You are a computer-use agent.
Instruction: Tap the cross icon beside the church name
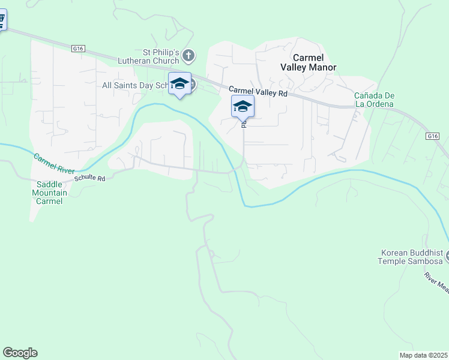[188, 56]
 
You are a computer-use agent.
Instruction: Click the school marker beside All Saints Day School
[179, 85]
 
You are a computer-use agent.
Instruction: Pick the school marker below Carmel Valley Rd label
[243, 107]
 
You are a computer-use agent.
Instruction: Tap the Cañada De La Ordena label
[373, 100]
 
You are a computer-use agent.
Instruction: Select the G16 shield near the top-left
[77, 48]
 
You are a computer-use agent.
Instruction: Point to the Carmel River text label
[54, 163]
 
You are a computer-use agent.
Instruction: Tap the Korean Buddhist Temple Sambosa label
[411, 257]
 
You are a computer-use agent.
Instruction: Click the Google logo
[20, 353]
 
